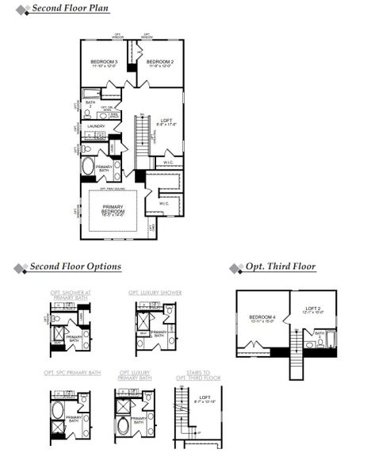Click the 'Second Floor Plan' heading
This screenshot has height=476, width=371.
coord(71,9)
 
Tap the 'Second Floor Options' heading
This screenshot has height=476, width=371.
coord(75,267)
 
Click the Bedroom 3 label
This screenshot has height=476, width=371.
coord(104,63)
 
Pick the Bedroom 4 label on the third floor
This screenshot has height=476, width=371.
coord(262,319)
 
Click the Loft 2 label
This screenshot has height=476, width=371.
coord(314,309)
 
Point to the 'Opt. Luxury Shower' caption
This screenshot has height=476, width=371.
coord(155,293)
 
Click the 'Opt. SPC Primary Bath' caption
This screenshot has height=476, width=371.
coord(73,372)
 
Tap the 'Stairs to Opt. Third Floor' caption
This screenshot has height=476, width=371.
coord(198,374)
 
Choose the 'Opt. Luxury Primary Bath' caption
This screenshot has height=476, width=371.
coord(134,374)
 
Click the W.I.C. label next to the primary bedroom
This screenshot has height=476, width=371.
coord(163,203)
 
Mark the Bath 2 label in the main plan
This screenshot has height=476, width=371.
coord(90,103)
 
